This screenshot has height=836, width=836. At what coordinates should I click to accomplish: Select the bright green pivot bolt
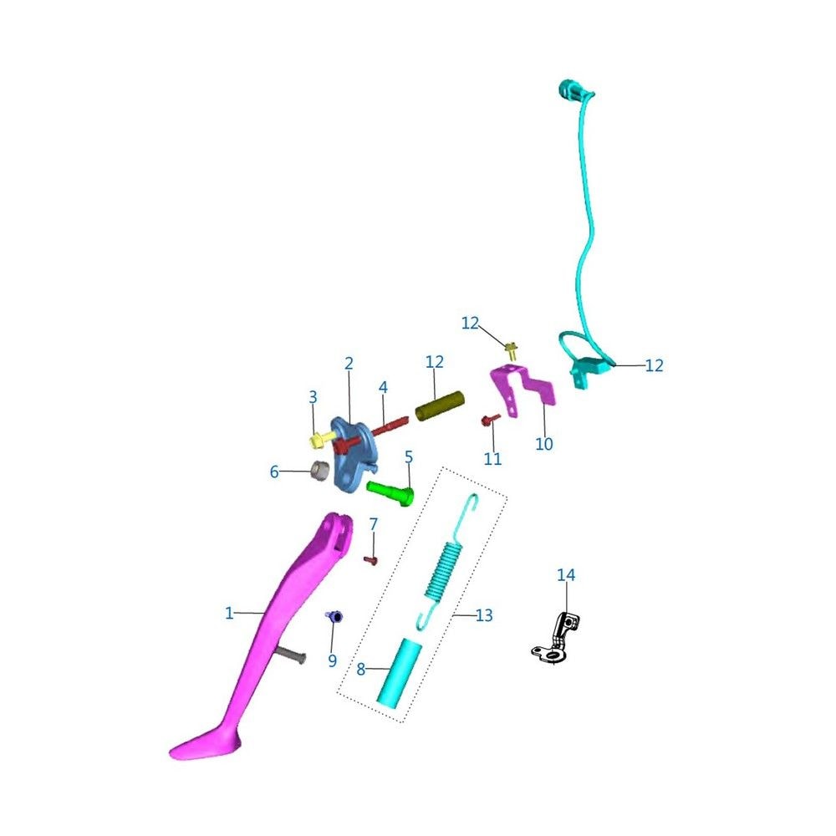point(390,492)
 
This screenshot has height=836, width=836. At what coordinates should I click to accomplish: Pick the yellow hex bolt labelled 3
point(319,441)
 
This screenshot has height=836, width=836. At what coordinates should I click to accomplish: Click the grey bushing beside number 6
point(320,470)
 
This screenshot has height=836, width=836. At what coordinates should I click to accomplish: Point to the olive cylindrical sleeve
point(440,406)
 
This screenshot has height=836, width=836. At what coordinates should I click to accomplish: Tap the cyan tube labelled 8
point(399,673)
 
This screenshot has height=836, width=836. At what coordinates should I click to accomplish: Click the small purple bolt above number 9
point(334,617)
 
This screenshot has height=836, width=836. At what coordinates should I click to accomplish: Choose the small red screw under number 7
point(371,560)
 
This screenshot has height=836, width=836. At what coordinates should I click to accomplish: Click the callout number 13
point(483,615)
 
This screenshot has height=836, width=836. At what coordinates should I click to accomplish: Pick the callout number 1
point(229,613)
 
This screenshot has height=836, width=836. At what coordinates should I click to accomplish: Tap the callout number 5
point(409,457)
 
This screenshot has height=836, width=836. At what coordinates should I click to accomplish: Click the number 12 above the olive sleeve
point(435,362)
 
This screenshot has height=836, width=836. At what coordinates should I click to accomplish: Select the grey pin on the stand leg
point(291,655)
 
